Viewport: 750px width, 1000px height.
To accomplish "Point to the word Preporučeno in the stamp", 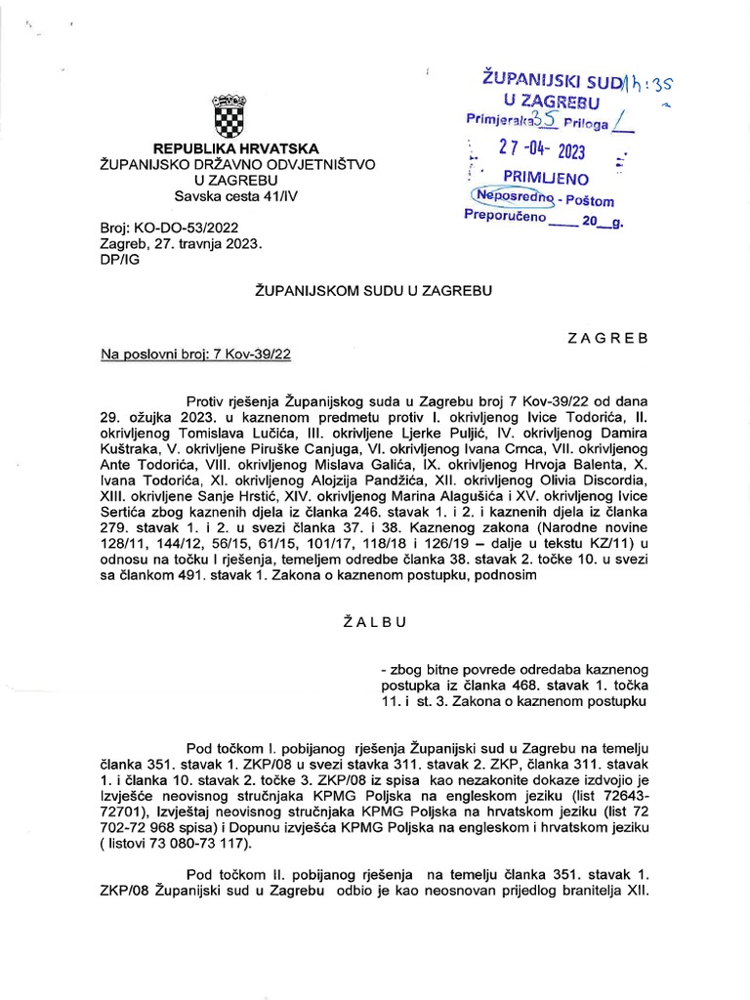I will tap(503, 220).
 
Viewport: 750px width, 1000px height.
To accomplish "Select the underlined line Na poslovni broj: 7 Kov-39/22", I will tap(195, 354).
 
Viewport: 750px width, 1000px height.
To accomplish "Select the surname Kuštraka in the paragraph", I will tap(130, 447).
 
